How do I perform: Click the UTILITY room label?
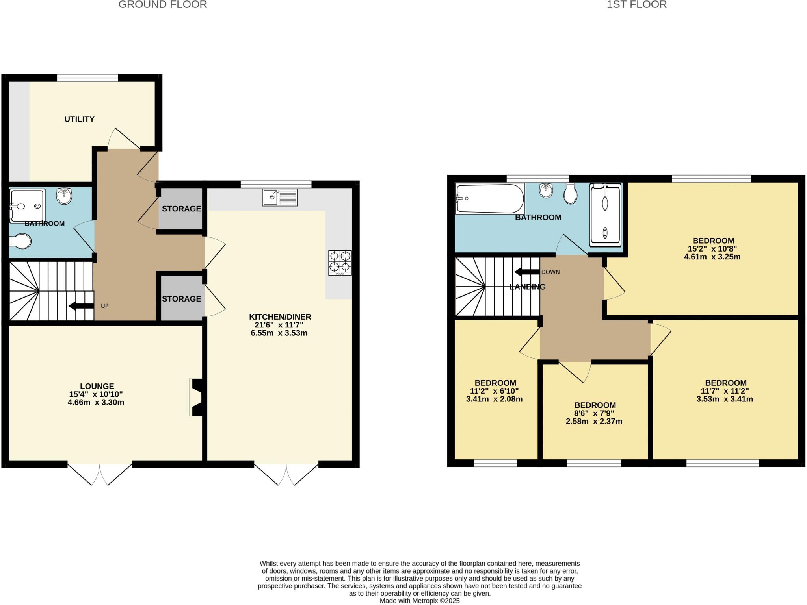pyautogui.click(x=79, y=119)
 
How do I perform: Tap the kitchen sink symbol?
pyautogui.click(x=280, y=197)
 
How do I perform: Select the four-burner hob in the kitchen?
pyautogui.click(x=340, y=263)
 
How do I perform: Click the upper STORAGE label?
pyautogui.click(x=181, y=209)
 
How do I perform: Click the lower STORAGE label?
pyautogui.click(x=181, y=299)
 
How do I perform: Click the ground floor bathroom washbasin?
pyautogui.click(x=64, y=196)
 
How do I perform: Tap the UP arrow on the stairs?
pyautogui.click(x=81, y=306)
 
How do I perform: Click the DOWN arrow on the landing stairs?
pyautogui.click(x=527, y=272)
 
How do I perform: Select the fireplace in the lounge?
pyautogui.click(x=196, y=397)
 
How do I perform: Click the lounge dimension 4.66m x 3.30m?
pyautogui.click(x=96, y=402)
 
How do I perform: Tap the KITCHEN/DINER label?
pyautogui.click(x=280, y=317)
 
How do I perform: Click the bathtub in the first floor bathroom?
pyautogui.click(x=490, y=199)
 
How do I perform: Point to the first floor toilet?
pyautogui.click(x=570, y=193)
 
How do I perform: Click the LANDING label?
pyautogui.click(x=527, y=287)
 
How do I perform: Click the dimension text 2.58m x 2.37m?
pyautogui.click(x=594, y=422)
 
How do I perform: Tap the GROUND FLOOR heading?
pyautogui.click(x=163, y=5)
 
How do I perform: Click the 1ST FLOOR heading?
pyautogui.click(x=636, y=5)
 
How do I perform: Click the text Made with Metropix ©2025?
pyautogui.click(x=419, y=601)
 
